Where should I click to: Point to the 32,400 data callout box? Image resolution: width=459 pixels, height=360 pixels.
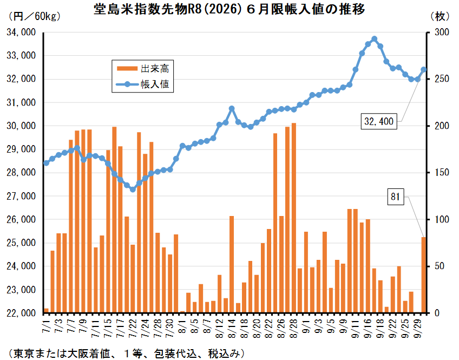click(x=379, y=122)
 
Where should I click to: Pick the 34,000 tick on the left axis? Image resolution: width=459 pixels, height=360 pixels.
click(x=22, y=32)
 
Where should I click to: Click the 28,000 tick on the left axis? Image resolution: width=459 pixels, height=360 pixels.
click(x=22, y=173)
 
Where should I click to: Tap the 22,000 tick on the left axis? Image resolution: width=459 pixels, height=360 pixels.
click(x=22, y=313)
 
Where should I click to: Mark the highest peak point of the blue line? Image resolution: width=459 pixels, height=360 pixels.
click(x=374, y=39)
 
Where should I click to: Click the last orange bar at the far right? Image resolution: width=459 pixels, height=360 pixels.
click(x=424, y=275)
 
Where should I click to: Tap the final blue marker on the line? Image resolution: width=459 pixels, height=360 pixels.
click(x=424, y=69)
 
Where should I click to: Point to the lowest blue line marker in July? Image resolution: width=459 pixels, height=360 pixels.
click(x=133, y=189)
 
